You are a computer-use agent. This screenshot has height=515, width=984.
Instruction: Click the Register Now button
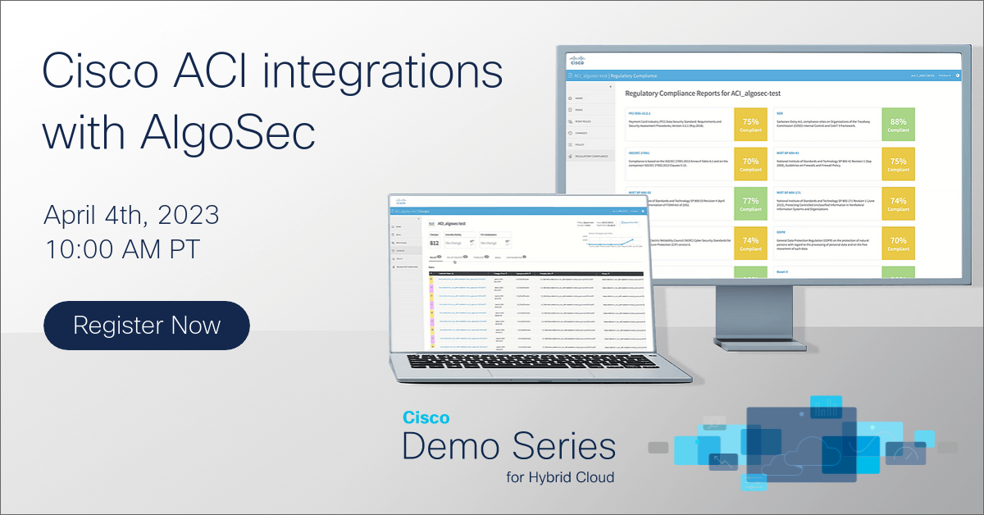tap(147, 326)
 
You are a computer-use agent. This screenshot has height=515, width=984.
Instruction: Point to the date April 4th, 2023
tap(131, 215)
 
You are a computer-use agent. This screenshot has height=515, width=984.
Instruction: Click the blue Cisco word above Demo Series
tap(426, 417)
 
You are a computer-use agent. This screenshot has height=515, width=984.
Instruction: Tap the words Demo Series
tap(508, 447)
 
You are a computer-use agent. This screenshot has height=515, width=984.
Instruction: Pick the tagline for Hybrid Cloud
tap(561, 476)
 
